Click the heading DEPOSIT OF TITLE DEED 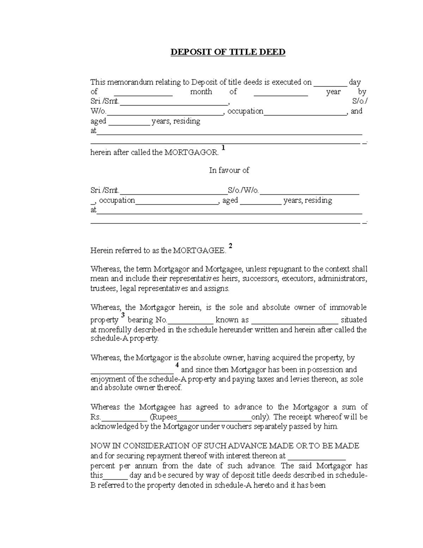228,52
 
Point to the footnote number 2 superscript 231,246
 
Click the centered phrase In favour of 229,170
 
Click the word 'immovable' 348,307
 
